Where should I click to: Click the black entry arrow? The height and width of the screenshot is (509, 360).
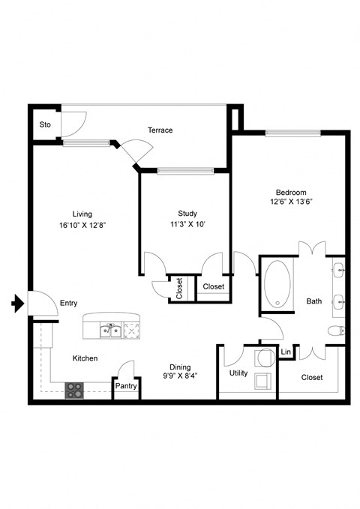click(17, 303)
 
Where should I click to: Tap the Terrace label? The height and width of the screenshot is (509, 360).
click(160, 130)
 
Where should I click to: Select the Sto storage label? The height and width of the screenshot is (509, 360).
click(45, 124)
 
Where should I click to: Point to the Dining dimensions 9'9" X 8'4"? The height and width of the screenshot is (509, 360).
click(179, 376)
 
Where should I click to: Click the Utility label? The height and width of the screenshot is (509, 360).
click(238, 373)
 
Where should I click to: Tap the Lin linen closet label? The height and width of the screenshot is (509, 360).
click(286, 352)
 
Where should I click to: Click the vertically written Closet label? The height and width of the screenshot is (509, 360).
click(179, 289)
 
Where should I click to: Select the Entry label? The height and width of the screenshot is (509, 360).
click(69, 303)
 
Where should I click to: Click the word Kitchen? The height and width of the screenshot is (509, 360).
click(85, 358)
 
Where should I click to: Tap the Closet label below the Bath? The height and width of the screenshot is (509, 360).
click(311, 377)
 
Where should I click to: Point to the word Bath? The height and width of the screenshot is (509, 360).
click(314, 301)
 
